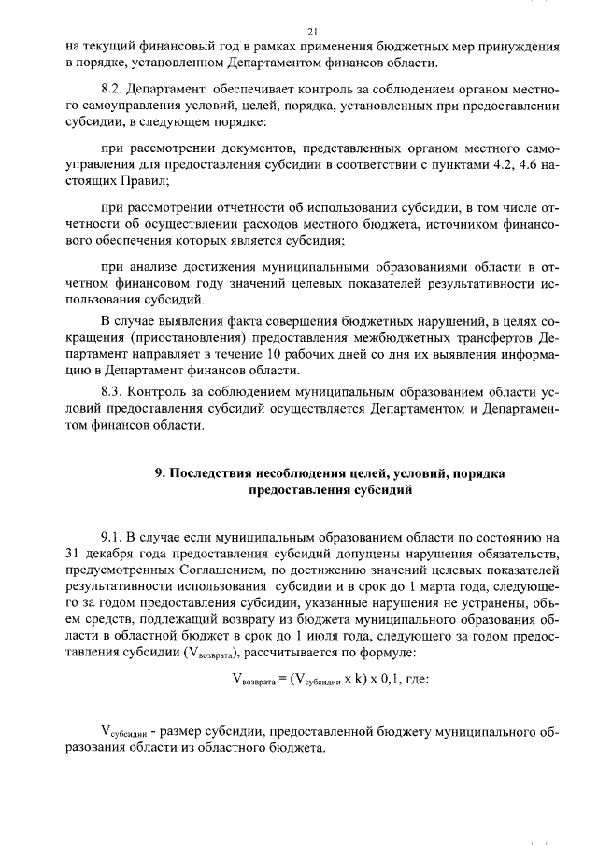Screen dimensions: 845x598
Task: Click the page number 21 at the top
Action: click(x=299, y=31)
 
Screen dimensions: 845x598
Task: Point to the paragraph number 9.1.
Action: click(x=110, y=537)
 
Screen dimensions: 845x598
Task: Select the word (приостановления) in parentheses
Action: click(x=176, y=338)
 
